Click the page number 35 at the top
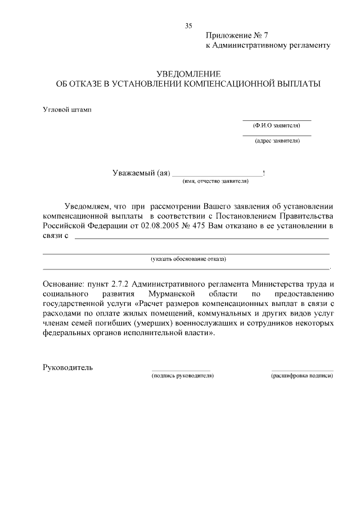point(188,26)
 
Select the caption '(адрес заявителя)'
point(277,141)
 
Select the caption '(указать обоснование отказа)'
point(188,259)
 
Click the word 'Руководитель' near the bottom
point(67,368)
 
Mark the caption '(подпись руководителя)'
point(183,375)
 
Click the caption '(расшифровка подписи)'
point(302,375)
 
